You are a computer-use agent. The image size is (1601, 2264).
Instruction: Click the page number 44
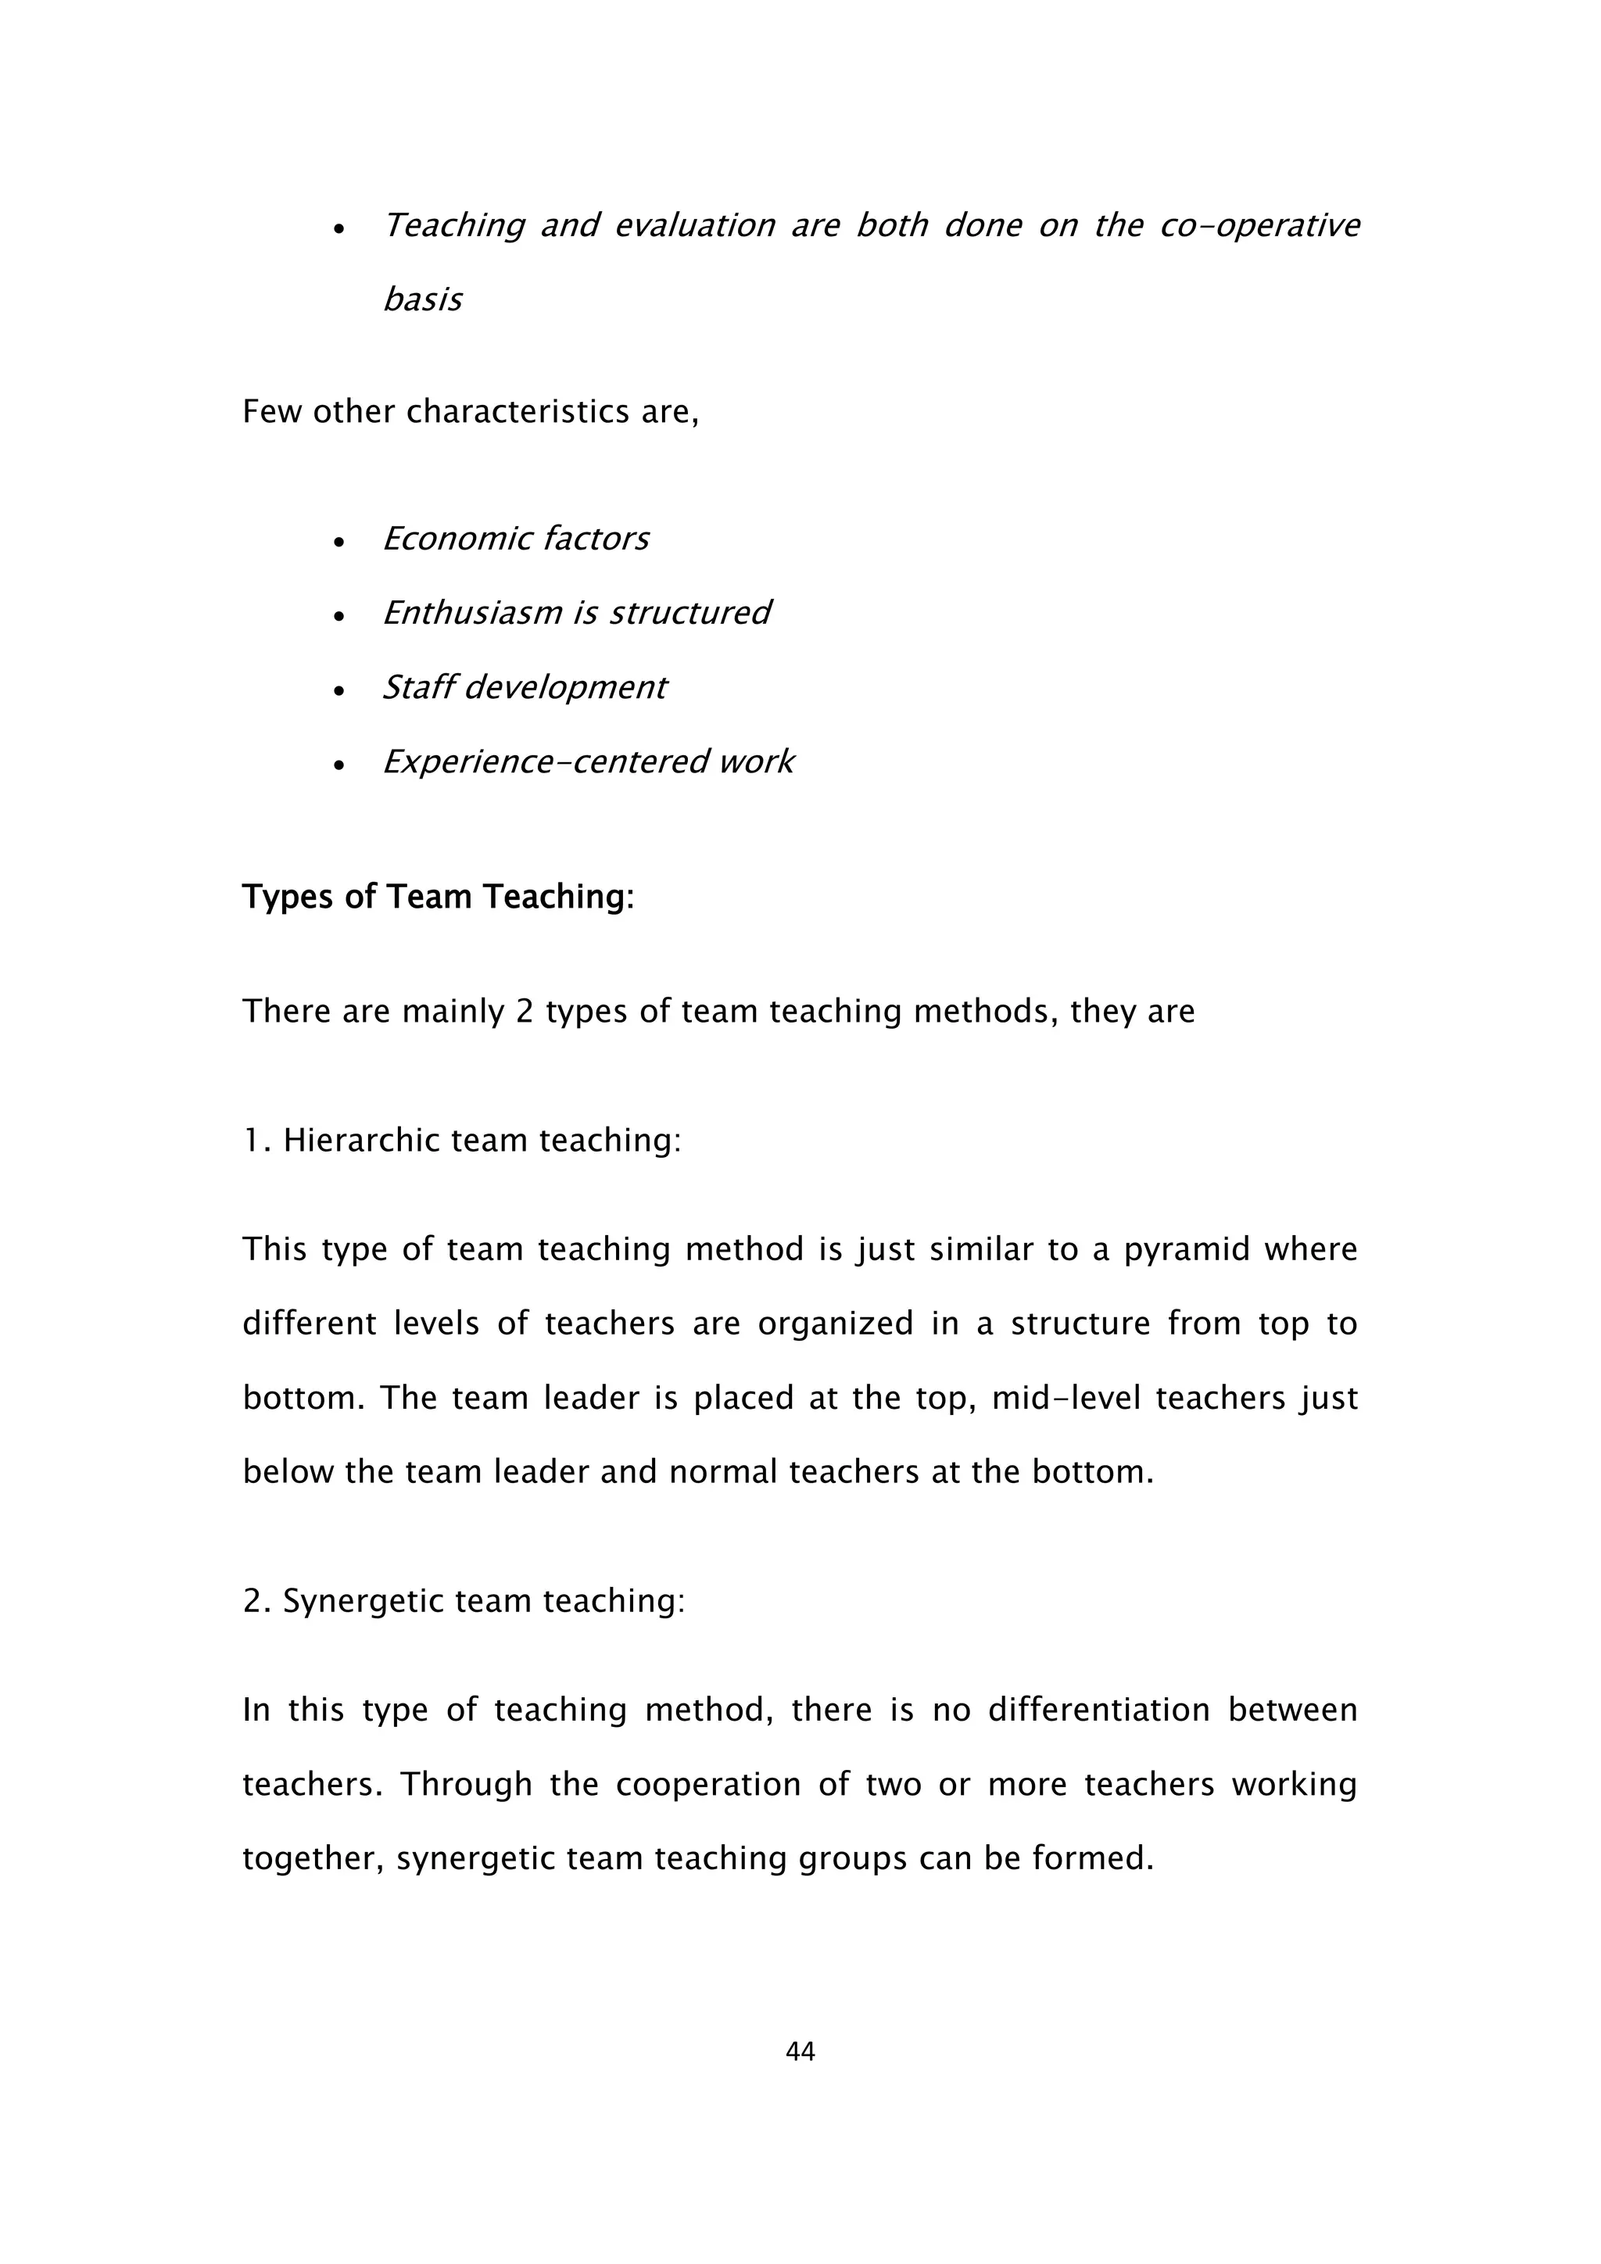(800, 2052)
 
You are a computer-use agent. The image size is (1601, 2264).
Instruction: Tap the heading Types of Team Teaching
(438, 897)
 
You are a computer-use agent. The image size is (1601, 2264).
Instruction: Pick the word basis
(422, 299)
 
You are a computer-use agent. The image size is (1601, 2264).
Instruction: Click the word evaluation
(695, 227)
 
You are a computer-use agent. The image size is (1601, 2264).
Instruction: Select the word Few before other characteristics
(270, 411)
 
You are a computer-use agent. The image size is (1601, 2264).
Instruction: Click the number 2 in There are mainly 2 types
(525, 1012)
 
